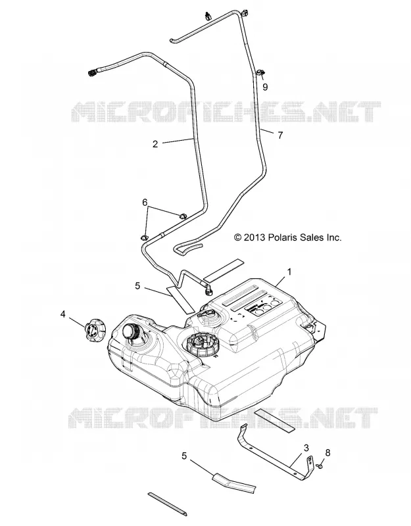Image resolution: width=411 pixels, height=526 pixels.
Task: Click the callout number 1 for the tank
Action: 289,272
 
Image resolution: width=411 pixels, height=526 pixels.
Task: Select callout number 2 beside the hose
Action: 155,144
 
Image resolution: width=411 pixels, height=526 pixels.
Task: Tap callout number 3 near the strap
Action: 306,448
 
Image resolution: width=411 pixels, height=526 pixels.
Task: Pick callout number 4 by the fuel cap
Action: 62,314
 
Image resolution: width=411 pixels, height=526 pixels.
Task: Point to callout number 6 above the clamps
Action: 145,203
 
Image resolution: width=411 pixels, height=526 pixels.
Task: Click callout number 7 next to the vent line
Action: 280,135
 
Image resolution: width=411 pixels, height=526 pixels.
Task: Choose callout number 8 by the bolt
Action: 327,452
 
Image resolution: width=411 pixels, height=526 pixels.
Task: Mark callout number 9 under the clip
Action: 266,87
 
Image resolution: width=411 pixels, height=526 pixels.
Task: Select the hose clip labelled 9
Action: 260,72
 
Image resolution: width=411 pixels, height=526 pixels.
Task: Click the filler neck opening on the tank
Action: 131,332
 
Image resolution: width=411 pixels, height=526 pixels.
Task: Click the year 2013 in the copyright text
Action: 255,238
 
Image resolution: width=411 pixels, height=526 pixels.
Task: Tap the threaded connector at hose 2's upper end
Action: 93,72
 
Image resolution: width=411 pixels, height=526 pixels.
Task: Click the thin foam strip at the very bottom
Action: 167,504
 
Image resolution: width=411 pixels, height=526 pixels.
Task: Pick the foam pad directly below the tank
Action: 274,420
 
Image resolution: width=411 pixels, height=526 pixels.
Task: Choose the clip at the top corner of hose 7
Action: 243,13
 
